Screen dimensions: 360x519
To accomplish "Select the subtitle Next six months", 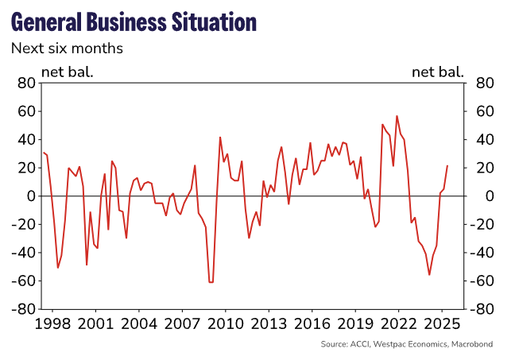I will pos(67,48).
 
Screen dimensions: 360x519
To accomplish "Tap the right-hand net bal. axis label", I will pos(438,72).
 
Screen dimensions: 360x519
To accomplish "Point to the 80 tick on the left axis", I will pos(27,83).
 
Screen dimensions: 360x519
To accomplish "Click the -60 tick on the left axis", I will pos(24,281).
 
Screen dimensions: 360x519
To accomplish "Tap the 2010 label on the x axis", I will pos(224,324).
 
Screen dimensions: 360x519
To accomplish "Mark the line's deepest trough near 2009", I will pos(211,282).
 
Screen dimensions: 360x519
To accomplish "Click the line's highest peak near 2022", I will pos(397,116).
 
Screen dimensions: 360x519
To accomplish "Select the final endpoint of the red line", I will pos(447,166).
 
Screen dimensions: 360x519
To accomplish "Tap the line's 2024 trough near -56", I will pos(429,275).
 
